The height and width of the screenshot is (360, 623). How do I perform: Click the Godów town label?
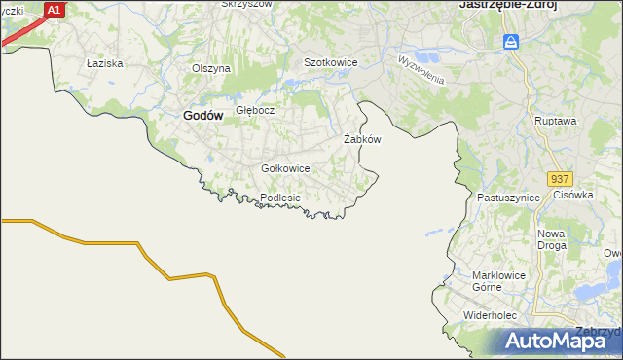[203, 115]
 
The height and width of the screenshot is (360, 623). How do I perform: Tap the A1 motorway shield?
[55, 10]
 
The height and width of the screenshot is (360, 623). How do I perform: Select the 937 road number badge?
[559, 180]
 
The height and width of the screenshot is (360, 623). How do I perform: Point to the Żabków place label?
[362, 139]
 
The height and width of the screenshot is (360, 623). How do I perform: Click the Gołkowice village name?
[285, 168]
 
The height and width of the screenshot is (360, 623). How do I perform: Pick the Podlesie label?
[280, 198]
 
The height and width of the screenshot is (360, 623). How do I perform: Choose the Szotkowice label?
[331, 62]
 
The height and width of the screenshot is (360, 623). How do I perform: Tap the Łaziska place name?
[103, 63]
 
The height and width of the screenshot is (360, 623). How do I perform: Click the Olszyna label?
[210, 68]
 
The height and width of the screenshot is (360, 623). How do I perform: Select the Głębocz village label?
[255, 110]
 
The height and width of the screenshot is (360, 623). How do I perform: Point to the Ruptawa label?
[556, 121]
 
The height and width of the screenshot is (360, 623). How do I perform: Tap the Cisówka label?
[573, 195]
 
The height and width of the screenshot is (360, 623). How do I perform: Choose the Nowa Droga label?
[552, 239]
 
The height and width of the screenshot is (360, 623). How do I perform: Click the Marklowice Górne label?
[498, 281]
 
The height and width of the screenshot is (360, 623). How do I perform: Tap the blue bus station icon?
[511, 42]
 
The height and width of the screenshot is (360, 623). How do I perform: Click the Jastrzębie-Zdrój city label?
[499, 5]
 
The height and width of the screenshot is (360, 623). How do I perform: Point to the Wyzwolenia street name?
[421, 68]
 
